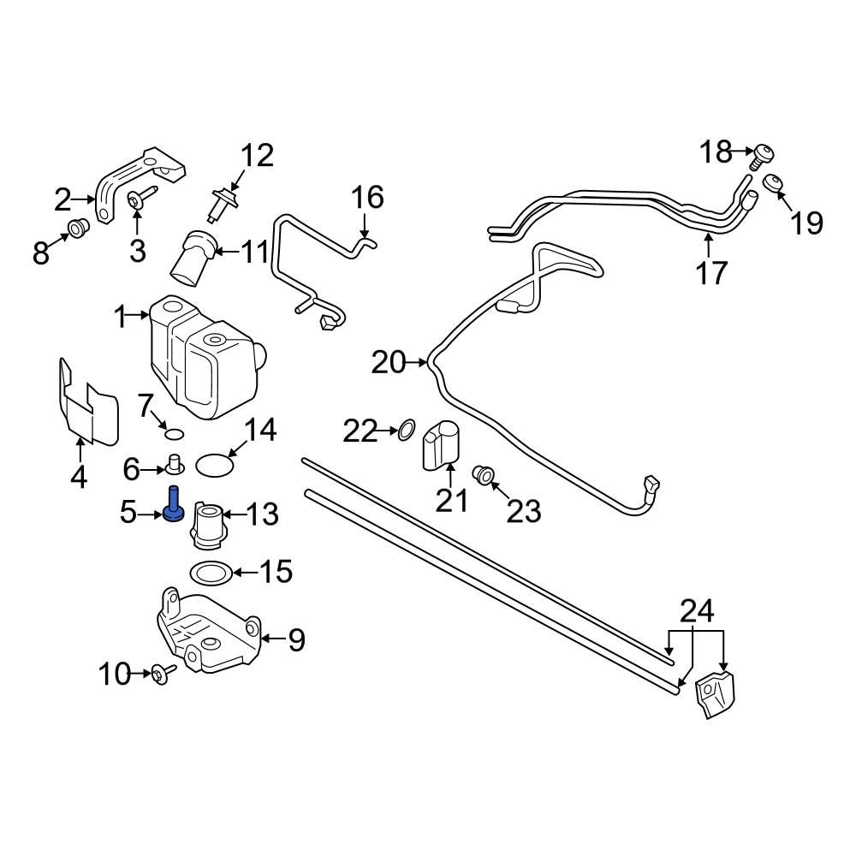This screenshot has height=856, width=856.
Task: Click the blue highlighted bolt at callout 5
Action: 174,504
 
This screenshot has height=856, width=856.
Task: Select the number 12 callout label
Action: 256,156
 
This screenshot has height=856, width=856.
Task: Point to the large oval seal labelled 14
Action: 214,465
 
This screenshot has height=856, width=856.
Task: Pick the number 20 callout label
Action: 388,363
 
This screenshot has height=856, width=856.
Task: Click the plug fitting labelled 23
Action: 483,473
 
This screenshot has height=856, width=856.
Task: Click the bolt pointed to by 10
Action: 161,675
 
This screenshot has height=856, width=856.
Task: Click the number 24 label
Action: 696,611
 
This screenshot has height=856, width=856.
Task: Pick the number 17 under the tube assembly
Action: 710,273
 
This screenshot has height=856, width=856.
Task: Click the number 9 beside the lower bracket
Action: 295,639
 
